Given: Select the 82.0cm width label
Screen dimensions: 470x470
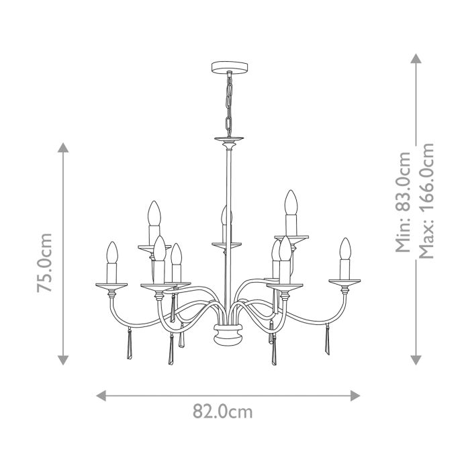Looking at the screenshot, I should pyautogui.click(x=223, y=412).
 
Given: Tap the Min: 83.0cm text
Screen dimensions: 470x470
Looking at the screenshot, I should pyautogui.click(x=403, y=201).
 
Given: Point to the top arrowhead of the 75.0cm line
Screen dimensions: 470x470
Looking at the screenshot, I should pyautogui.click(x=64, y=148).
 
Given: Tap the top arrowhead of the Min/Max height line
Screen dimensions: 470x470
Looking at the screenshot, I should pyautogui.click(x=416, y=58).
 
